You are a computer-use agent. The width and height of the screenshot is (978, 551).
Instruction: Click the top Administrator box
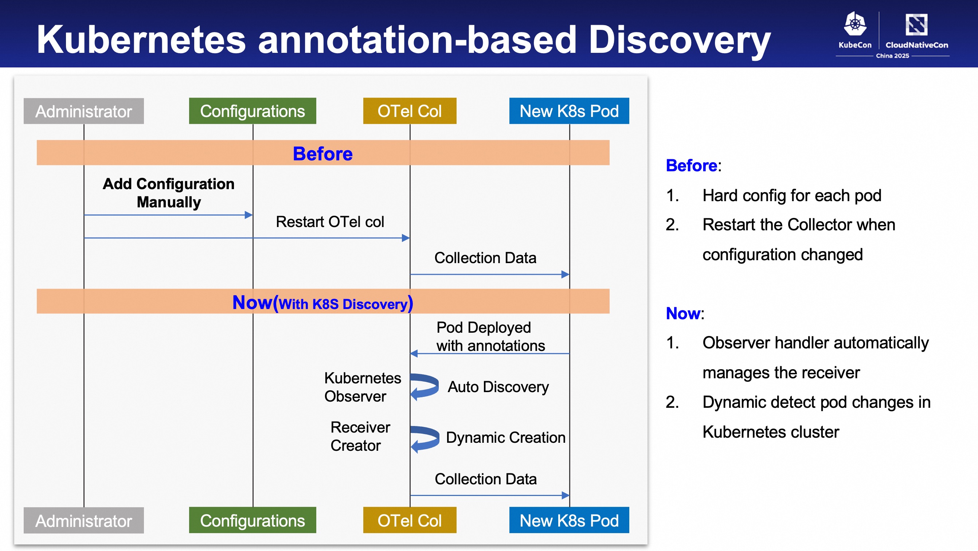pyautogui.click(x=83, y=111)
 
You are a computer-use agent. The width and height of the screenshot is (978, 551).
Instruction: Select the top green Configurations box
pyautogui.click(x=253, y=111)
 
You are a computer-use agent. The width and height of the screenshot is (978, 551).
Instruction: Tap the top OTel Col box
pyautogui.click(x=410, y=111)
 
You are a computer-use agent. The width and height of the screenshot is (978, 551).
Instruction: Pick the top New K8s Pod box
pyautogui.click(x=569, y=111)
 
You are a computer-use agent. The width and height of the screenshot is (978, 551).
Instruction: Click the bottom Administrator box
pyautogui.click(x=83, y=520)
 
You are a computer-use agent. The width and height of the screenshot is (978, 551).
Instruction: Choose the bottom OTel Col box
pyautogui.click(x=410, y=520)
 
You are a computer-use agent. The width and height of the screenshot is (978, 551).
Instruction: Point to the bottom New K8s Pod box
pyautogui.click(x=569, y=520)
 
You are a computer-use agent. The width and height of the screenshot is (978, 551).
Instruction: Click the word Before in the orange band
pyautogui.click(x=323, y=153)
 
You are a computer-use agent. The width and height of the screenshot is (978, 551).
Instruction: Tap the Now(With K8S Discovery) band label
pyautogui.click(x=323, y=303)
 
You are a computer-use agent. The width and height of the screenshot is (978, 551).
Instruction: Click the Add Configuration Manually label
pyautogui.click(x=169, y=193)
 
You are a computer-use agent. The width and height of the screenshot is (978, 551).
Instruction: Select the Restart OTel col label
pyautogui.click(x=330, y=222)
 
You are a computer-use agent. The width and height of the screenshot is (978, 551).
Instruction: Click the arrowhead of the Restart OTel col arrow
pyautogui.click(x=406, y=238)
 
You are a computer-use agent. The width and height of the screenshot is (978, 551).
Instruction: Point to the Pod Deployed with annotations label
pyautogui.click(x=490, y=336)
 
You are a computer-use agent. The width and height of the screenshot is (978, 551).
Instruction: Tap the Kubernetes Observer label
pyautogui.click(x=363, y=387)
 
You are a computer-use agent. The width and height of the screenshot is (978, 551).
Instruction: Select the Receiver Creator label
pyautogui.click(x=360, y=436)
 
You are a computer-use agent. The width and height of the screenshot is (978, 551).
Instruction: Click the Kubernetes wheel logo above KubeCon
pyautogui.click(x=855, y=24)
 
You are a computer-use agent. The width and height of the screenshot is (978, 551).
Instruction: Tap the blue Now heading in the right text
pyautogui.click(x=683, y=313)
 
